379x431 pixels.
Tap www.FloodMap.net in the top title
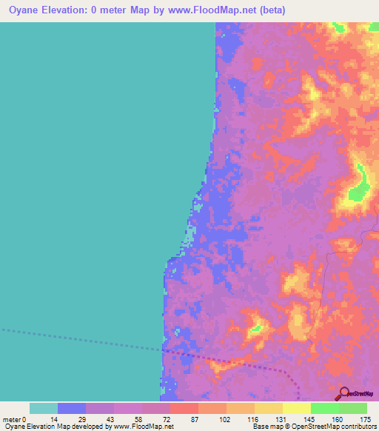pos(201,10)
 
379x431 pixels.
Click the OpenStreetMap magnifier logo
pos(345,393)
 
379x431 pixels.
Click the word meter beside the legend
pos(13,418)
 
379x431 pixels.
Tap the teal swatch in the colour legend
pos(43,408)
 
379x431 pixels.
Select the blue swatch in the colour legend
pos(71,408)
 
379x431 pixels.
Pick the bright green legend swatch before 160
pos(325,408)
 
